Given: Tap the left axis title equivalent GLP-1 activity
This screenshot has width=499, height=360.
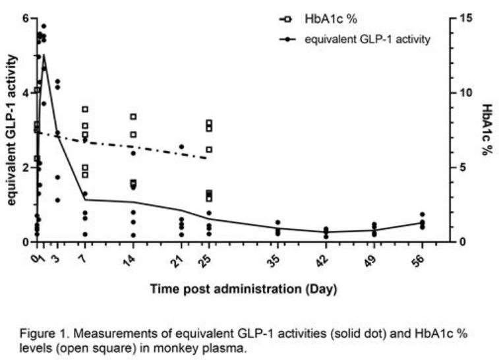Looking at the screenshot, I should click(x=11, y=130).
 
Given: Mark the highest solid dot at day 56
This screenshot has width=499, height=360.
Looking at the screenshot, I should click(x=422, y=215).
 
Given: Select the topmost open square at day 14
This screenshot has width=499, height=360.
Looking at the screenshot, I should click(x=133, y=117).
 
